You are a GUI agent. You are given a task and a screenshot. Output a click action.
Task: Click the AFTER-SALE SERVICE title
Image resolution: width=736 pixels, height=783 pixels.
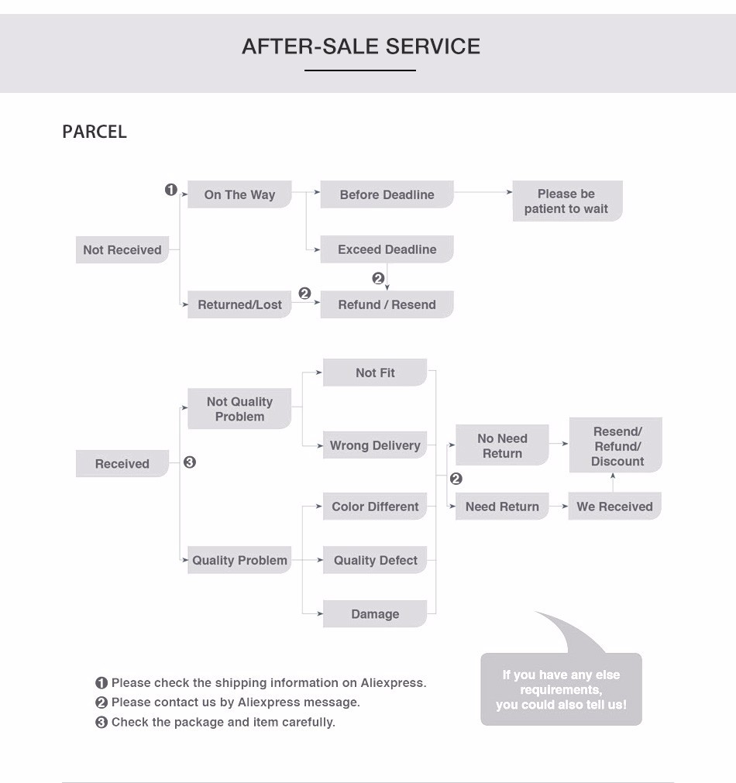(361, 46)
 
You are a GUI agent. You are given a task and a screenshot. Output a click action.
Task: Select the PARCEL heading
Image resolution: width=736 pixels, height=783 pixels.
(95, 132)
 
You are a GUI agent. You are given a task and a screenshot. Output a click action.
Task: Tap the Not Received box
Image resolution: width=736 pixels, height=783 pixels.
(122, 250)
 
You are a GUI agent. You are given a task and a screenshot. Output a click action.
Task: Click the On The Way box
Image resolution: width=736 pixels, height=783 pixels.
(239, 194)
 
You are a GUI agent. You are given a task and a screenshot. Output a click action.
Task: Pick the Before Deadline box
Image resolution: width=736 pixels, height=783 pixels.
(387, 194)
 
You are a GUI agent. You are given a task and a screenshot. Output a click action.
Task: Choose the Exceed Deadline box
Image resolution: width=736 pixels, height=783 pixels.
(387, 249)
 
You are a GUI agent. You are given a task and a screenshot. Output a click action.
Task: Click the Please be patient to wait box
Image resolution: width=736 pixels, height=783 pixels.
(566, 201)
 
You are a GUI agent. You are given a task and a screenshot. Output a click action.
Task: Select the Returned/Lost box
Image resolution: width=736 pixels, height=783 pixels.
(239, 304)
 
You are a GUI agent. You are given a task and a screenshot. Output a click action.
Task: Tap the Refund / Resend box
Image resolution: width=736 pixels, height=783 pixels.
(387, 304)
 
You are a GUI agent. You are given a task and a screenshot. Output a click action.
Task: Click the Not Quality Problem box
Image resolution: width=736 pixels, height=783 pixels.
(239, 409)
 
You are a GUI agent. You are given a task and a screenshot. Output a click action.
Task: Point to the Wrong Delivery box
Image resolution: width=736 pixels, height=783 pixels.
(375, 445)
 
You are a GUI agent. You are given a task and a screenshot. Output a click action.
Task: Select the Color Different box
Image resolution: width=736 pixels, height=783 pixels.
(375, 507)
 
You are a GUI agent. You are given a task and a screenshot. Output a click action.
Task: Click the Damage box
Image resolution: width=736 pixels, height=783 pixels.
(375, 614)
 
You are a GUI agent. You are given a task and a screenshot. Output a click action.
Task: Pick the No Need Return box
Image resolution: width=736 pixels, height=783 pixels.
(502, 445)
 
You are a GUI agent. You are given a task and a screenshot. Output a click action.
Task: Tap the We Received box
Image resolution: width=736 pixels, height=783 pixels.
(614, 507)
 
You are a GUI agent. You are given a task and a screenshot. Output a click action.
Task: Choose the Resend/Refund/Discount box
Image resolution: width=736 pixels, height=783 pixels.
(617, 446)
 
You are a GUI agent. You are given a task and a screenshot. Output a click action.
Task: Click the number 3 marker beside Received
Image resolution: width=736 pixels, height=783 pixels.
(190, 462)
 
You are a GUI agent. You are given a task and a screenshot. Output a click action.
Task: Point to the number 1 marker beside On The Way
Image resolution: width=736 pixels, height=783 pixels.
(171, 190)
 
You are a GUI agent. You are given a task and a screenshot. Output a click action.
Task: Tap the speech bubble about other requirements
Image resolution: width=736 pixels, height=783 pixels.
(561, 689)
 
